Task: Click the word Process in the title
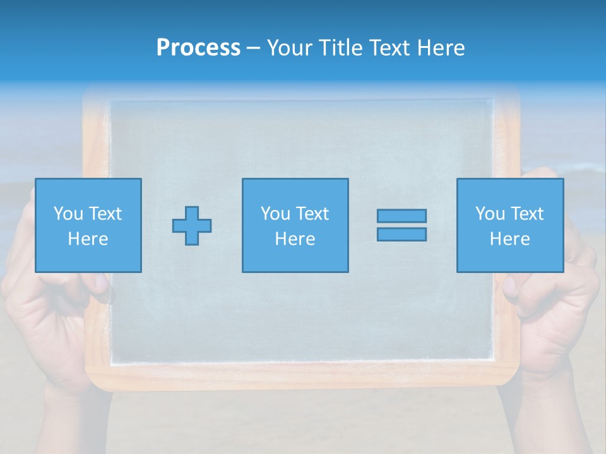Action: point(198,48)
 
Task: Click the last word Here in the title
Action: point(441,48)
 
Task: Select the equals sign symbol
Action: point(401,225)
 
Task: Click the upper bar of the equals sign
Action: point(401,216)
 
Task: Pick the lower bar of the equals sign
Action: point(401,234)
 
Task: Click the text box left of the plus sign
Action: point(88,225)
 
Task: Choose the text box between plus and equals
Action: point(295,225)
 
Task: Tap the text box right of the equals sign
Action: point(509,225)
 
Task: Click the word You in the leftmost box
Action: point(68,214)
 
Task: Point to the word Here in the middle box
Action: point(295,239)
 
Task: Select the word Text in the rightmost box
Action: point(526,214)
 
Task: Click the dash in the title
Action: point(253,48)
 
